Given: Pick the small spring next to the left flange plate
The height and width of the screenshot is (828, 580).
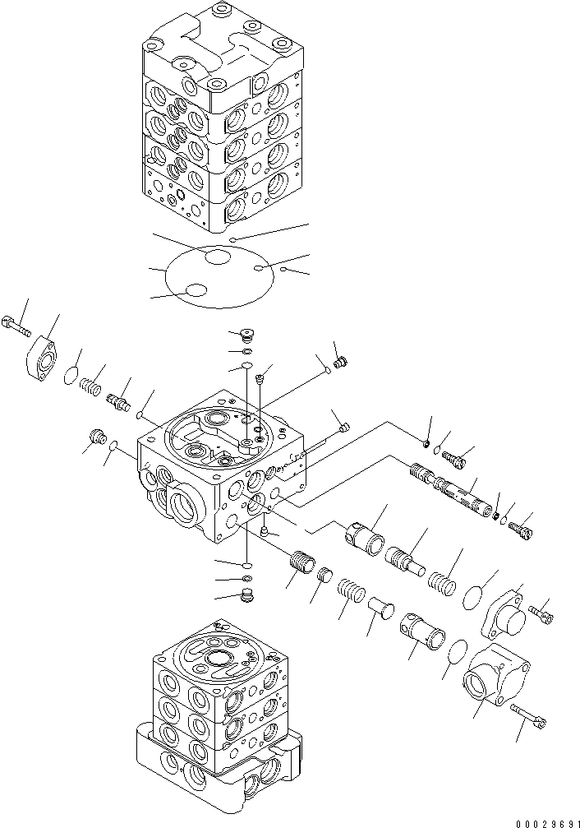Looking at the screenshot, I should click(90, 382).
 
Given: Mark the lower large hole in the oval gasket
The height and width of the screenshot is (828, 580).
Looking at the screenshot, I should click(196, 290).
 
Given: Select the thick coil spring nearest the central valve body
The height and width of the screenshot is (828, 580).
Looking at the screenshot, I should click(303, 566).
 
